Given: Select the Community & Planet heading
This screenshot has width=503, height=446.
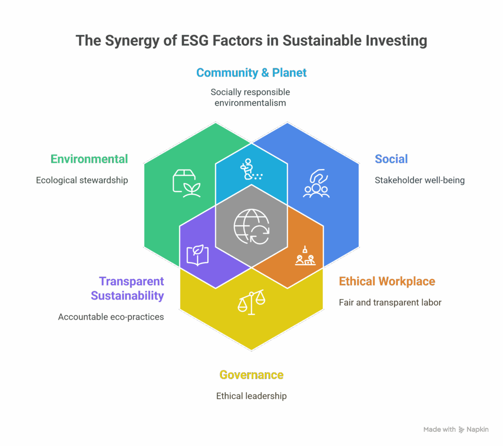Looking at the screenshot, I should click(x=251, y=73).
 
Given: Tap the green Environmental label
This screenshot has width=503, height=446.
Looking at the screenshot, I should click(x=89, y=159).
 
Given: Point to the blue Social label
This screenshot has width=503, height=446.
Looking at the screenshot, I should click(x=391, y=159).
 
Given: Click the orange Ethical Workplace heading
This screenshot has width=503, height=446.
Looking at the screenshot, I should click(x=387, y=282).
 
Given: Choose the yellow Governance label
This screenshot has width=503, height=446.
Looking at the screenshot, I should click(x=251, y=375).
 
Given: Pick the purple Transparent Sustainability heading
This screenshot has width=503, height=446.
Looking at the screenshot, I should click(x=128, y=289).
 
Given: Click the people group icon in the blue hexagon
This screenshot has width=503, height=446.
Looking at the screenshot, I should click(x=315, y=183).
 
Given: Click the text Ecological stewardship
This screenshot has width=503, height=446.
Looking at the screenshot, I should click(x=82, y=180).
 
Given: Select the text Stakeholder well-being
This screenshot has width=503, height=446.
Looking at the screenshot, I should click(x=419, y=180).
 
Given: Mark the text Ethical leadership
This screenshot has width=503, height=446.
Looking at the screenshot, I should click(x=251, y=396).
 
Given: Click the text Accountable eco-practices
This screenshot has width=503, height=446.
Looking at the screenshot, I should click(x=111, y=317).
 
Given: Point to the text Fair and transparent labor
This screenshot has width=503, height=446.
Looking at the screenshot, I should click(x=390, y=302).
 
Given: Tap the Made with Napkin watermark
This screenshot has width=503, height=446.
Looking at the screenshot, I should click(x=456, y=429).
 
